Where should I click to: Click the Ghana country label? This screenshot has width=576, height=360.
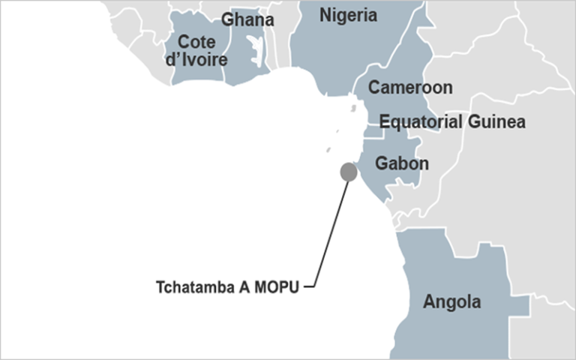click(247, 20)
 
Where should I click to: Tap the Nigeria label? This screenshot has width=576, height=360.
click(348, 15)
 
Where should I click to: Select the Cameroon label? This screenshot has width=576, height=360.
click(409, 88)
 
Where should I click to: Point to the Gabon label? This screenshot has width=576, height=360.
click(402, 163)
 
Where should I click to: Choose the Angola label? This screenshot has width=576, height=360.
click(451, 302)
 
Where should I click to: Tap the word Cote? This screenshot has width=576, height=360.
click(196, 42)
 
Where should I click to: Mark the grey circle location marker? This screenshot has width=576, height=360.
click(349, 172)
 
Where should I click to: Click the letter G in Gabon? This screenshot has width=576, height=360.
click(382, 163)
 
